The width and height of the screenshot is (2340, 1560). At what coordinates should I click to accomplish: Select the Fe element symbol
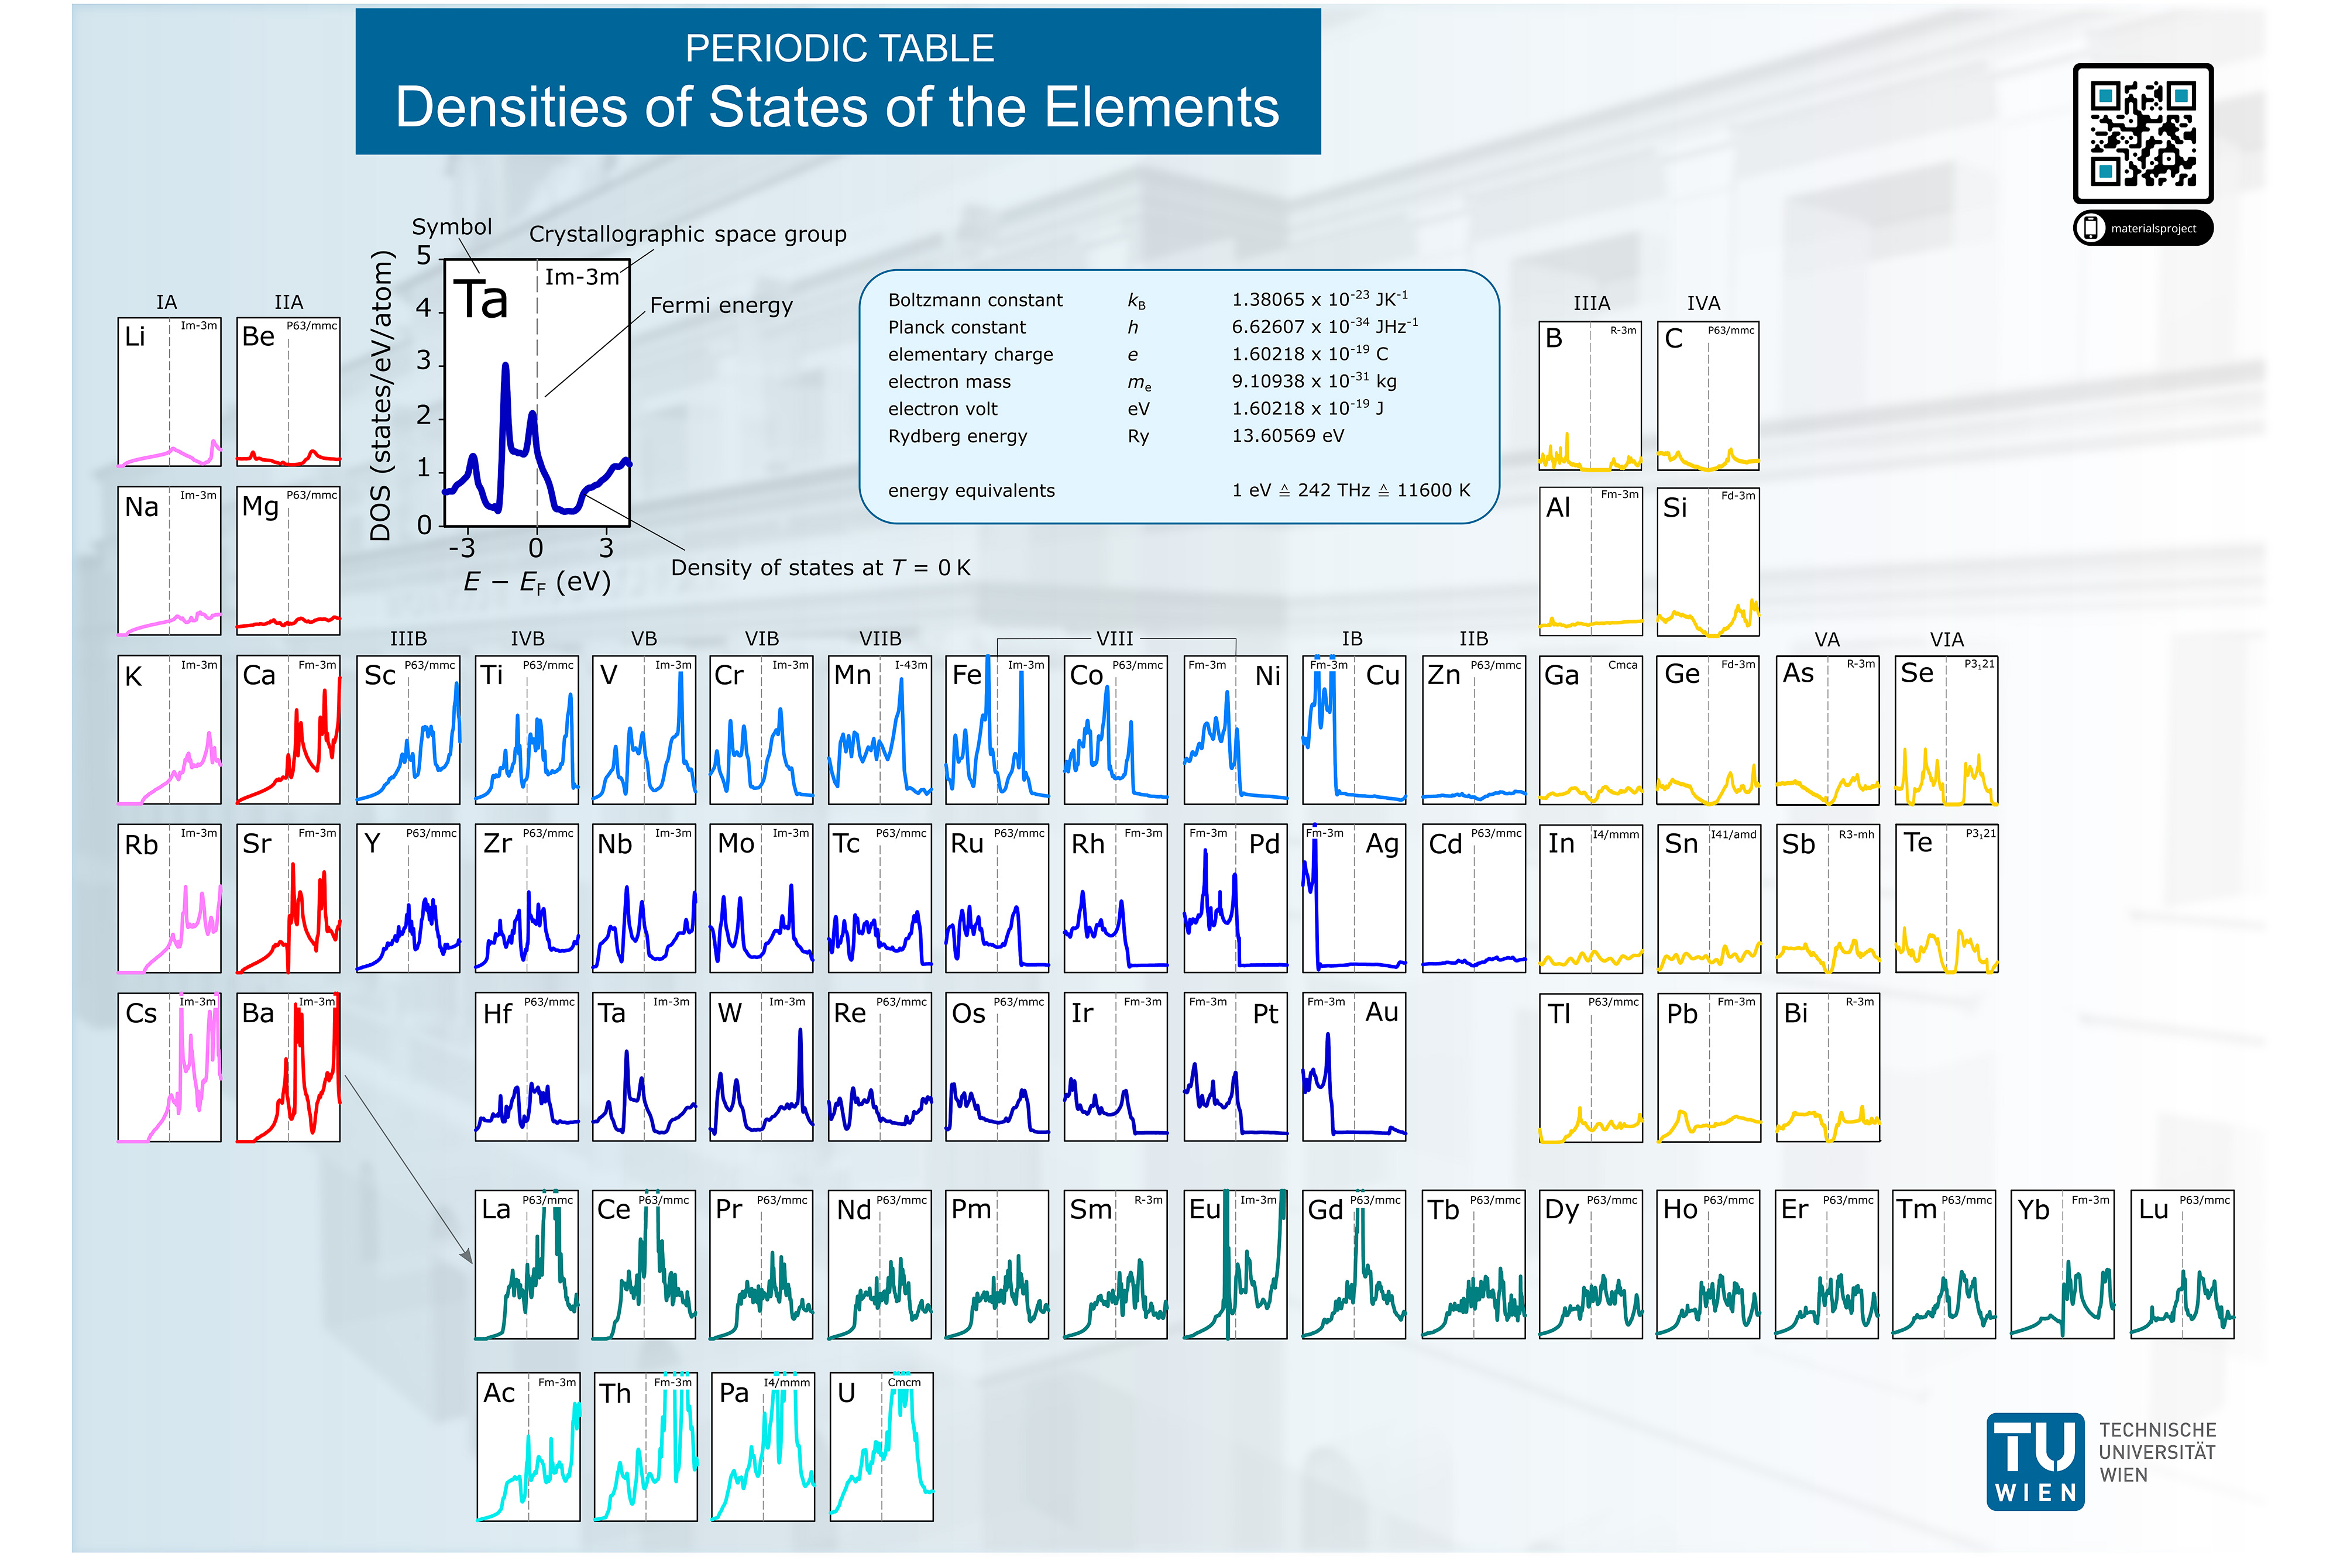966,675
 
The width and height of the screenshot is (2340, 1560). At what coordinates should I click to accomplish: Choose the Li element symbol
135,337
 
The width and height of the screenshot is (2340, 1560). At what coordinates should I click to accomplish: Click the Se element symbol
1916,674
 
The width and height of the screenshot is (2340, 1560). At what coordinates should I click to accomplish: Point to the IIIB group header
408,639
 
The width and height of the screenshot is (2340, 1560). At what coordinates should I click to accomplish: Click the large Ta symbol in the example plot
480,300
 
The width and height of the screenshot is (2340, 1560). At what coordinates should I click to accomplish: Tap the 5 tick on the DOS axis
424,257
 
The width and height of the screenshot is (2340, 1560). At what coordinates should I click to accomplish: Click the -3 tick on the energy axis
462,548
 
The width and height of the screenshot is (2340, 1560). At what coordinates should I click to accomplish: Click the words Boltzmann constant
975,300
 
